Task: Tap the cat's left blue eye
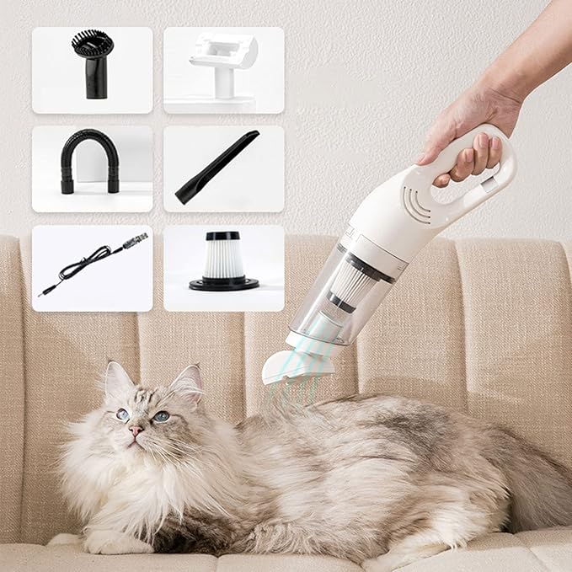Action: tap(124, 414)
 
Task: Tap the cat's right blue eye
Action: tap(160, 415)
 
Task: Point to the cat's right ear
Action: tap(188, 382)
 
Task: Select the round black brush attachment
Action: tap(94, 63)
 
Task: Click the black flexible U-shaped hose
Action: tap(90, 161)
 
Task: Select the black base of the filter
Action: tap(223, 284)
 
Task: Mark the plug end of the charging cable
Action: tap(136, 239)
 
